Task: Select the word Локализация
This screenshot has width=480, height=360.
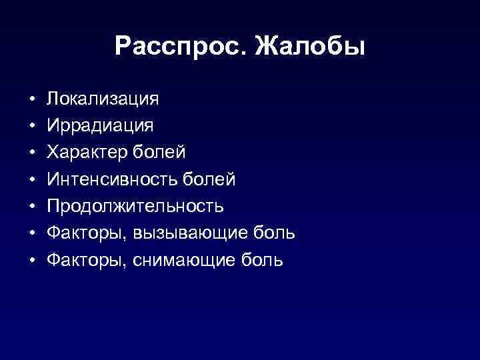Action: pyautogui.click(x=103, y=99)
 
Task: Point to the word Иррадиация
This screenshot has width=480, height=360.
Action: pyautogui.click(x=100, y=126)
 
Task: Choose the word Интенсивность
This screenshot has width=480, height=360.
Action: pyautogui.click(x=111, y=179)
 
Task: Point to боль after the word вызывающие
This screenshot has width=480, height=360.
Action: pyautogui.click(x=275, y=233)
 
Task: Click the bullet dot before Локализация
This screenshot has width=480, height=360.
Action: pyautogui.click(x=32, y=100)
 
